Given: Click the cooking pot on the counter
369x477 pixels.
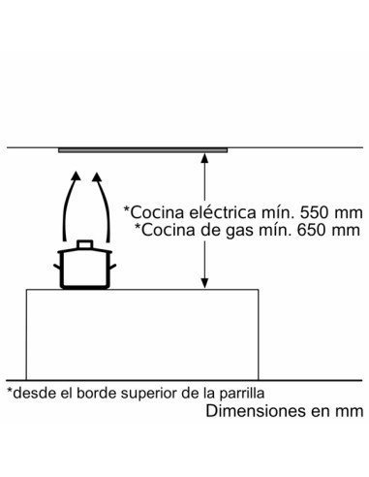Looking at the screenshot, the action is (x=85, y=268).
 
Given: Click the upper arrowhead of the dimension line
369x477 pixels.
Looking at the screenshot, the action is (x=203, y=156).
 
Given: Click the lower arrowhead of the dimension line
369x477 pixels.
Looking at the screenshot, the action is (x=203, y=282).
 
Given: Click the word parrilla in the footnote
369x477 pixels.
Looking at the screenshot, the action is (x=238, y=394).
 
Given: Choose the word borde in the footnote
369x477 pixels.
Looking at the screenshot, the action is (x=98, y=394).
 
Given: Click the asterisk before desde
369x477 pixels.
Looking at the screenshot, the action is (x=10, y=391).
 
